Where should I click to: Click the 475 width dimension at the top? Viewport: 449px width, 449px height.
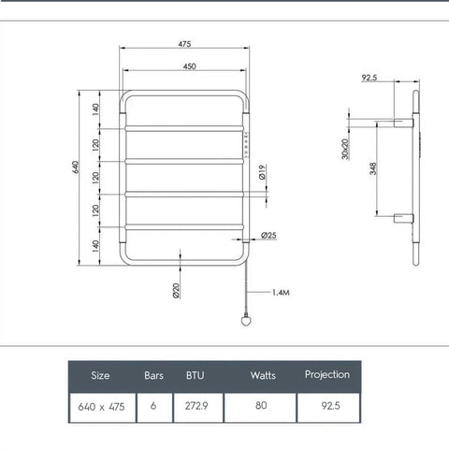point(185,43)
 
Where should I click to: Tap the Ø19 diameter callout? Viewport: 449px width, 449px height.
point(265,172)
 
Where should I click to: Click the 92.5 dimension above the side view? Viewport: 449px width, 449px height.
point(369,79)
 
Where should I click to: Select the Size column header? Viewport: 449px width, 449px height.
point(100,375)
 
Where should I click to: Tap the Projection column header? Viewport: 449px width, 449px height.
point(327,374)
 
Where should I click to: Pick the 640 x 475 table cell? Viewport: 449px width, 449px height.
point(101,407)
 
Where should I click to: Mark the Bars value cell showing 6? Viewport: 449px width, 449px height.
point(152,407)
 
